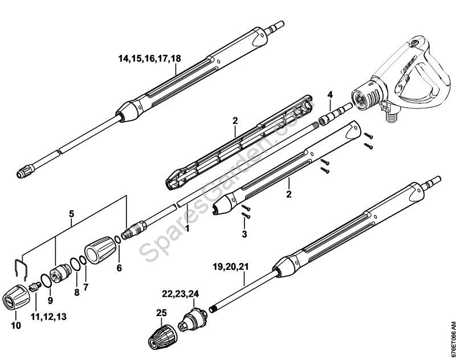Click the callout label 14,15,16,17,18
coord(149,58)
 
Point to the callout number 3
coord(243,234)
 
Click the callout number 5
coord(72,214)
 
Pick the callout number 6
coord(119,267)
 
